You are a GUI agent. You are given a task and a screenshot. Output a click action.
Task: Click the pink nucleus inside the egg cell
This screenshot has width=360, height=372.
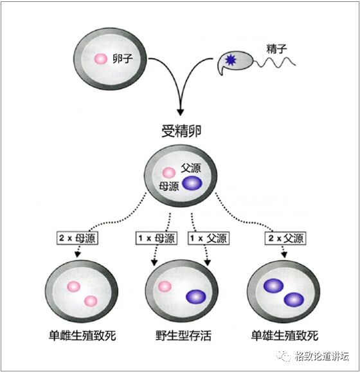click(101, 59)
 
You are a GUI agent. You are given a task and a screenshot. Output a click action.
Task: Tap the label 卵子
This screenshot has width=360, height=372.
click(123, 59)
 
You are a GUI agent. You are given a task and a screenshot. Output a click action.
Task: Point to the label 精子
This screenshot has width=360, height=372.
click(276, 49)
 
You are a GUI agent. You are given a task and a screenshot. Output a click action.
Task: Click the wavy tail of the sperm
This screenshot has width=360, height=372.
click(274, 62)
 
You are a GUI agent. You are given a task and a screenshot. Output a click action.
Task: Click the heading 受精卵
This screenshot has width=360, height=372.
click(181, 131)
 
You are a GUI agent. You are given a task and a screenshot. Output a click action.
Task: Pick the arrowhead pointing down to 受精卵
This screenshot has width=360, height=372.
click(181, 112)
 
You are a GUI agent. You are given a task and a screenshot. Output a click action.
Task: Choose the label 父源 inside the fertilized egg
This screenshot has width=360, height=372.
click(191, 168)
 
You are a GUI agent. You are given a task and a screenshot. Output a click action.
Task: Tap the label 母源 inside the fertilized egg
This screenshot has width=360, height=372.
click(168, 186)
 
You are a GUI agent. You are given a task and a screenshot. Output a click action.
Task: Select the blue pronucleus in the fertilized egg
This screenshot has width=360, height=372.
click(192, 183)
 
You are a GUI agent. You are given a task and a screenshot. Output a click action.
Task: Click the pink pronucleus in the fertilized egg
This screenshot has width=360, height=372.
click(169, 172)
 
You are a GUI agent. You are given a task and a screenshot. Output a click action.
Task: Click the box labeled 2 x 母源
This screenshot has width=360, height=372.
click(77, 238)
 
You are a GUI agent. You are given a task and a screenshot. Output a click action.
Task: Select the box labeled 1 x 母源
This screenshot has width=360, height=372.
click(156, 238)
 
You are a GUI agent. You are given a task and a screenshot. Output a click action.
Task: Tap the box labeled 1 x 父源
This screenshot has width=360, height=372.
click(208, 238)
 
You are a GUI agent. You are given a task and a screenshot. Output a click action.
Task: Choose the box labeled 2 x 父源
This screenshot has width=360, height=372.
click(285, 238)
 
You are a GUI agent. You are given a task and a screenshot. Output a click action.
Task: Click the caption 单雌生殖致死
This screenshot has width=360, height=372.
click(82, 335)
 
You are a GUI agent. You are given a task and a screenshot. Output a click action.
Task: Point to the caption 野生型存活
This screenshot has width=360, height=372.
click(183, 335)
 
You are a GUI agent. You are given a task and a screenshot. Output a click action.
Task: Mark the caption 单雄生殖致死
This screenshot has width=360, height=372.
click(285, 335)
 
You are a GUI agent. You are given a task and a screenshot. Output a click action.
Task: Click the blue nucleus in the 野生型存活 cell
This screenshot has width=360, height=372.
click(196, 297)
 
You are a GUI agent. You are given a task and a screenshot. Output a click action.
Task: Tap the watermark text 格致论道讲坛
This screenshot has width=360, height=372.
click(322, 356)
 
